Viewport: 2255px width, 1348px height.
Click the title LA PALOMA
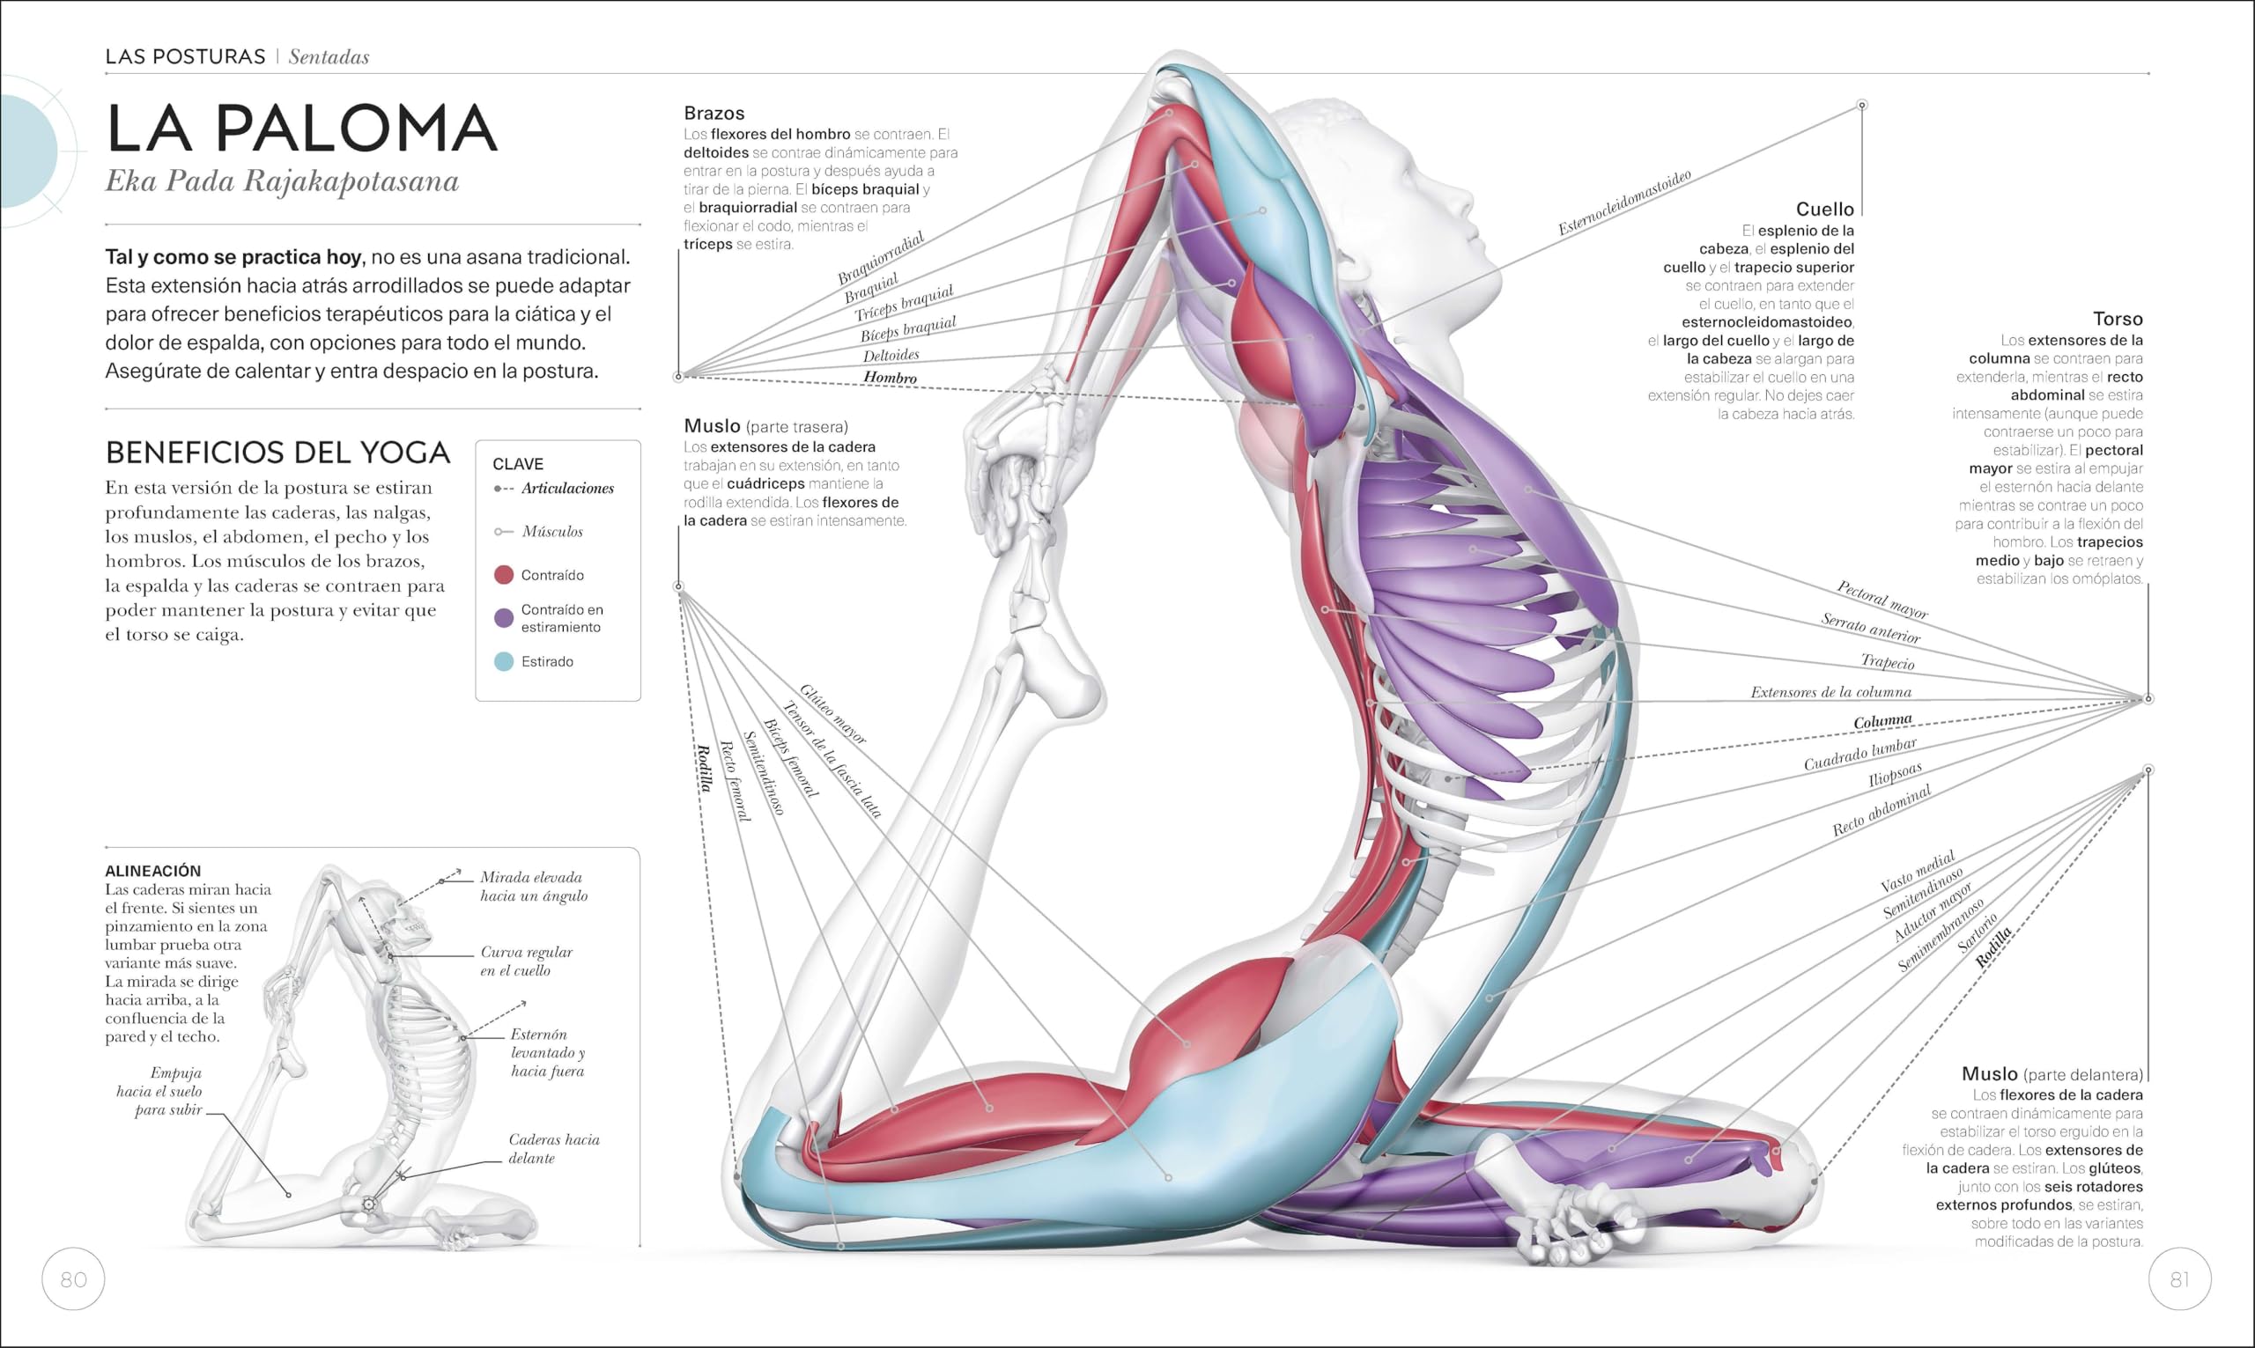coord(301,128)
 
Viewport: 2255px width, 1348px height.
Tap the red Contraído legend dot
coord(503,575)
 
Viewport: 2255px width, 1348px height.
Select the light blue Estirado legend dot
coord(503,661)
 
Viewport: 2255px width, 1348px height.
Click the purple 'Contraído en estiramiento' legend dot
coord(503,619)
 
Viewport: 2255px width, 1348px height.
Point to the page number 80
coord(74,1279)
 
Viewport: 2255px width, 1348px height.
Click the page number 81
coord(2179,1279)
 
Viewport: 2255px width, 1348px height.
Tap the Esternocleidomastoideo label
coord(1624,203)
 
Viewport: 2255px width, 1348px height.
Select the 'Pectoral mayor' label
coord(1882,600)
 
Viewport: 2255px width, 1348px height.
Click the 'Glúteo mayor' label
coord(833,715)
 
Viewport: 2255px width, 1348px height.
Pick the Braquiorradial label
coord(879,257)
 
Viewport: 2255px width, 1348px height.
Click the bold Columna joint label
coord(1882,721)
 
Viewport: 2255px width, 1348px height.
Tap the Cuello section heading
coord(1824,209)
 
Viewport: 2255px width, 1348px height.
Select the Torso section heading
coord(2117,319)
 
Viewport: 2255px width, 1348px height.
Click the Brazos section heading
coord(714,114)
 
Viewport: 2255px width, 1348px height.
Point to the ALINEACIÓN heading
coord(152,870)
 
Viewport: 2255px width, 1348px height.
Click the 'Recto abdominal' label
coord(1881,810)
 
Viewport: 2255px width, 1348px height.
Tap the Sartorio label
coord(1978,934)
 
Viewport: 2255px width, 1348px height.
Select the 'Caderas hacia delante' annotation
coord(553,1148)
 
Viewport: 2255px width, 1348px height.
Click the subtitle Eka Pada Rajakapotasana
coord(282,180)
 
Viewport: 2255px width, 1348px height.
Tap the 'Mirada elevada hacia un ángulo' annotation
coord(533,886)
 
